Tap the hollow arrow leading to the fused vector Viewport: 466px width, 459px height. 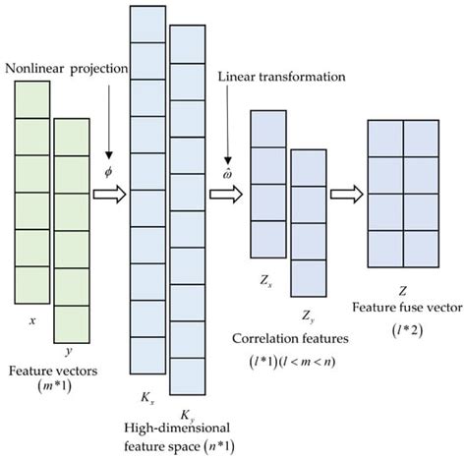pyautogui.click(x=345, y=194)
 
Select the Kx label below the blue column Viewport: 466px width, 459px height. pyautogui.click(x=149, y=402)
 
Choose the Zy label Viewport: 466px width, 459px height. pyautogui.click(x=307, y=317)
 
